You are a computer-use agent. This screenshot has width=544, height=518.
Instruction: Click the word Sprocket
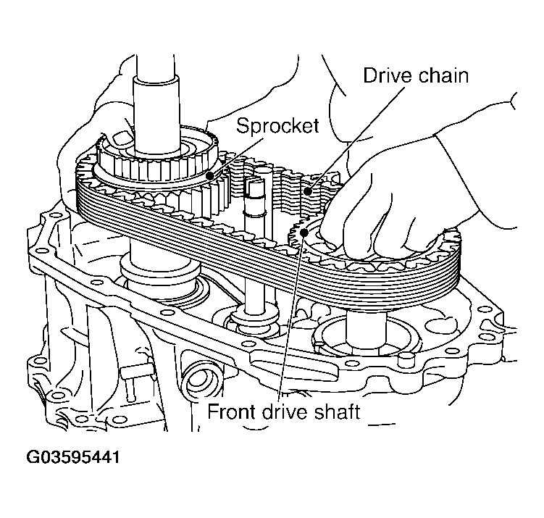277,125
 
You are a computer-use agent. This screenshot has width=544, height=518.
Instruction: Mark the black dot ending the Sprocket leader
211,175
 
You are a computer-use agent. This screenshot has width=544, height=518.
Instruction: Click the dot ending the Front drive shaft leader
306,232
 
